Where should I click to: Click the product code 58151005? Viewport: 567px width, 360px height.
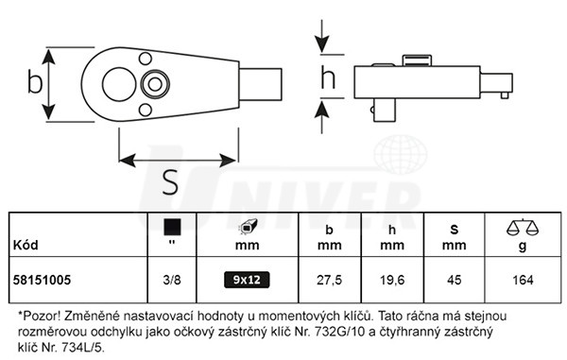pos(42,280)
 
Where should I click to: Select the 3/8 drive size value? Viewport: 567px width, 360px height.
pos(172,280)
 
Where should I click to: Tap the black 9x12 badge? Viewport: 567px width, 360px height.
pos(247,280)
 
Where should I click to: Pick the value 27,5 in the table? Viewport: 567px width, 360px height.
pos(329,280)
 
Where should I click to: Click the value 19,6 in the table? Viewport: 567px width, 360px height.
pos(392,280)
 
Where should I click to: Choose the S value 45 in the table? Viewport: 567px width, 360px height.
pos(455,280)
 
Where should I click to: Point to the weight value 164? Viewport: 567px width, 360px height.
pos(523,280)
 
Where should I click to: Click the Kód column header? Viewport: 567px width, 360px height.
pos(26,245)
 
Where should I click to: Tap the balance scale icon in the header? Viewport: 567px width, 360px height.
pos(523,227)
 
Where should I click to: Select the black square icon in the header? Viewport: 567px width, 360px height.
pos(172,227)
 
